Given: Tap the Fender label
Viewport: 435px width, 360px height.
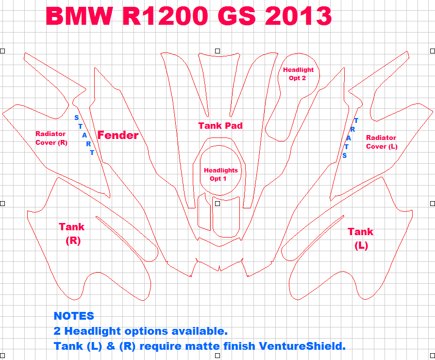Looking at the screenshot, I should click(118, 135).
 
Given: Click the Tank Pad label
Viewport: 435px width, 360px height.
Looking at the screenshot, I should click(220, 125).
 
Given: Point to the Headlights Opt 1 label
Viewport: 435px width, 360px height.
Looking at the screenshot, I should click(220, 174).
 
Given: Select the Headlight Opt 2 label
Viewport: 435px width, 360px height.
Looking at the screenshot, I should click(298, 74).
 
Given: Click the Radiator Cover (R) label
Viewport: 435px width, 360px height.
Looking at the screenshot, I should click(51, 138).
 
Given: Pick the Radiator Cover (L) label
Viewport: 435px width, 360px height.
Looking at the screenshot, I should click(381, 142).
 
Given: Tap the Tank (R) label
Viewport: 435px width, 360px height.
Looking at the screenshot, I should click(71, 233).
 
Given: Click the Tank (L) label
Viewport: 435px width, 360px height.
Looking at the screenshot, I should click(360, 238).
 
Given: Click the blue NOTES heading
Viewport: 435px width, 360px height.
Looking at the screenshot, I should click(74, 316).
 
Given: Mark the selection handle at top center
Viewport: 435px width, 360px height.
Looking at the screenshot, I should click(217, 51).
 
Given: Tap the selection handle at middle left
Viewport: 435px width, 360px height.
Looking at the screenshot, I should click(2, 203).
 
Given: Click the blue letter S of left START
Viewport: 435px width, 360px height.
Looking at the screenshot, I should click(76, 118).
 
